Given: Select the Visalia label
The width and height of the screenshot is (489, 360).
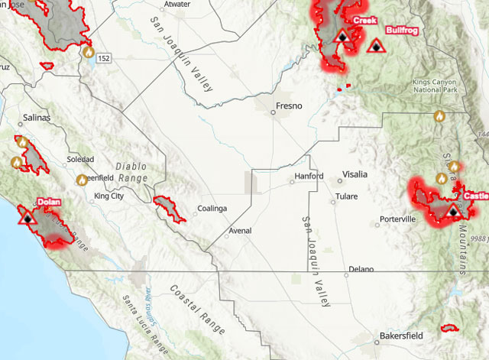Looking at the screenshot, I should pyautogui.click(x=355, y=174).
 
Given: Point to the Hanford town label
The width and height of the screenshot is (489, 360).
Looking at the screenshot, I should pyautogui.click(x=310, y=177).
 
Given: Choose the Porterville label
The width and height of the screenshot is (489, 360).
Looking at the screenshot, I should pyautogui.click(x=398, y=219).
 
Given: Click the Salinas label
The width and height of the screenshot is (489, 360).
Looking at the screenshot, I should pyautogui.click(x=36, y=118).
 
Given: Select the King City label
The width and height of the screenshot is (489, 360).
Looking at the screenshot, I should pyautogui.click(x=108, y=196).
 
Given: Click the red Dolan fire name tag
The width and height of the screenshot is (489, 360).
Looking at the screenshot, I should pyautogui.click(x=48, y=203).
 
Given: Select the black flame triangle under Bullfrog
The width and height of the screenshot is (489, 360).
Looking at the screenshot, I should pyautogui.click(x=374, y=47).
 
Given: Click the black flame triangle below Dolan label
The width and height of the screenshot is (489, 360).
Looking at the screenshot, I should pyautogui.click(x=28, y=218).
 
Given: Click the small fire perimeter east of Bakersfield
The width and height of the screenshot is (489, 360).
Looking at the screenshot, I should pyautogui.click(x=449, y=327).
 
